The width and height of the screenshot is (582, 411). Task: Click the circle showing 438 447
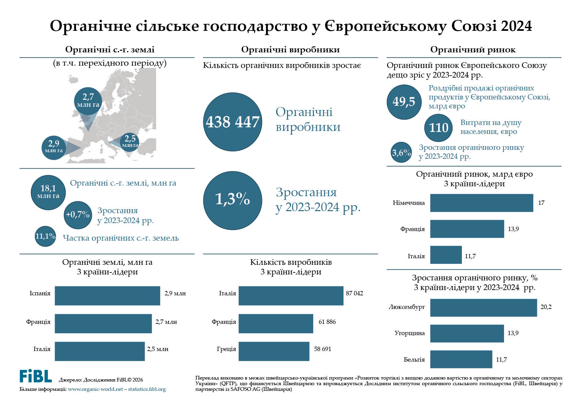(x=232, y=122)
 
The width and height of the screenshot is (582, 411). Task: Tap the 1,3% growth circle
(x=232, y=200)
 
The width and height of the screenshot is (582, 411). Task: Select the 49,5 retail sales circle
(x=404, y=102)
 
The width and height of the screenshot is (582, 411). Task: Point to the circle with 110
(x=438, y=128)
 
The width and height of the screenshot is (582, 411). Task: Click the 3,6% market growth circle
(x=401, y=152)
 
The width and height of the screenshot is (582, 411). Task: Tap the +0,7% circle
(x=78, y=215)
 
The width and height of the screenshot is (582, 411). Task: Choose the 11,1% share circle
(x=45, y=236)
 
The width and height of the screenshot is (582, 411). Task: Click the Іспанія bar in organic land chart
(x=107, y=296)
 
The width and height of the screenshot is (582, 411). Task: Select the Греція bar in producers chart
(x=274, y=351)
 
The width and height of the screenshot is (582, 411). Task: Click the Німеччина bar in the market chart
(x=481, y=203)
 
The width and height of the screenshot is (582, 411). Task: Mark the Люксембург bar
(x=483, y=308)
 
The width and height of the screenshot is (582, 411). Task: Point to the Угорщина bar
(x=467, y=333)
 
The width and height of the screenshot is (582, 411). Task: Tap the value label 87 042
(x=354, y=293)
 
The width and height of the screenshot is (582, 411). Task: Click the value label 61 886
(x=327, y=322)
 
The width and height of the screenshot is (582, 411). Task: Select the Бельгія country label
(x=414, y=360)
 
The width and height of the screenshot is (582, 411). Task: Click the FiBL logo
(x=36, y=376)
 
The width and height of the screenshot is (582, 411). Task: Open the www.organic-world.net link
(x=95, y=389)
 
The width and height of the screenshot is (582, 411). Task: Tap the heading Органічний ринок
(x=473, y=50)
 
